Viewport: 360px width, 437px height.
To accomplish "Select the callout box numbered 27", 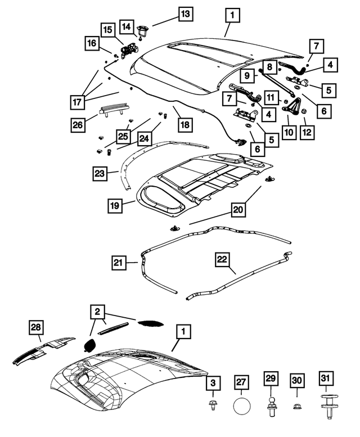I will (x=242, y=382).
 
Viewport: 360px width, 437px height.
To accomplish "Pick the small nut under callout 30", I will (x=298, y=404).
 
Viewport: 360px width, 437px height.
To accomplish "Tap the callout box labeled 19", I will (x=116, y=206).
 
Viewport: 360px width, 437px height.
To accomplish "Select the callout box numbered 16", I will (x=92, y=43).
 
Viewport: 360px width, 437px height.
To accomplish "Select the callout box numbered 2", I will (x=97, y=312).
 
